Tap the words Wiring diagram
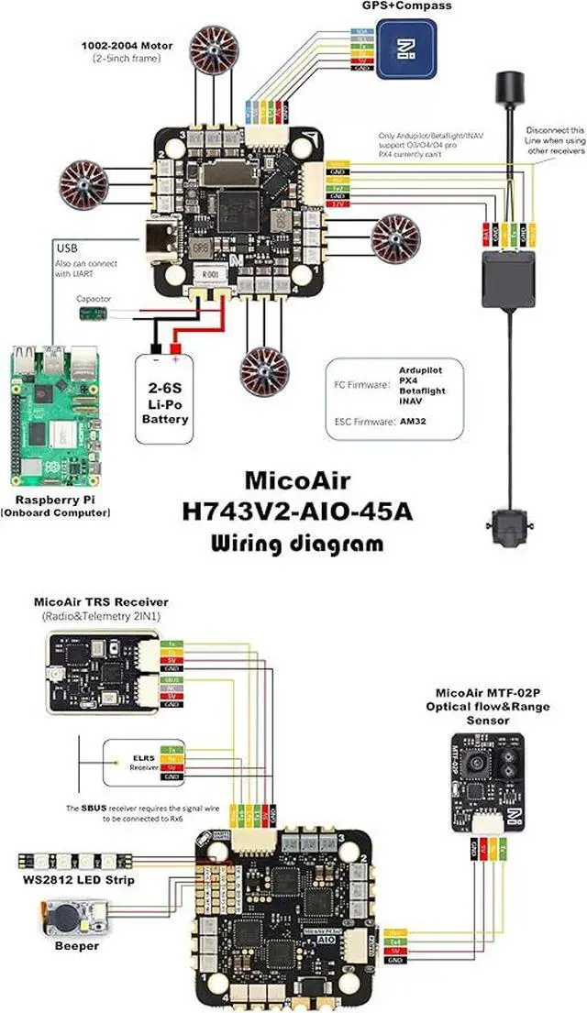pyautogui.click(x=298, y=543)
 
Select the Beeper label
pyautogui.click(x=76, y=945)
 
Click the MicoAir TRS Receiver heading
pyautogui.click(x=101, y=602)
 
